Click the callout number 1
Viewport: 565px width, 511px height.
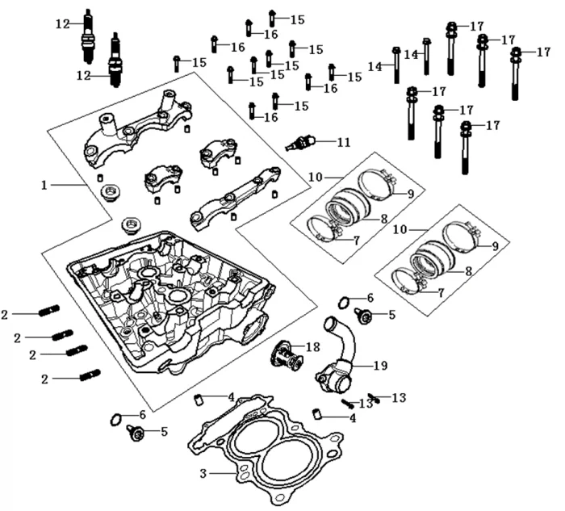pos(45,185)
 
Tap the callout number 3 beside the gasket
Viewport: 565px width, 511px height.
pos(204,471)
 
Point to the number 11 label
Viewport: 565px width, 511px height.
pos(344,143)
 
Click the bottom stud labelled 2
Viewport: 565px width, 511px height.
pos(90,375)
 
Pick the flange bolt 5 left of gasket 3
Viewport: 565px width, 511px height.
pos(135,434)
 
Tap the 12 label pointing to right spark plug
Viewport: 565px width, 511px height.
pos(83,76)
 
